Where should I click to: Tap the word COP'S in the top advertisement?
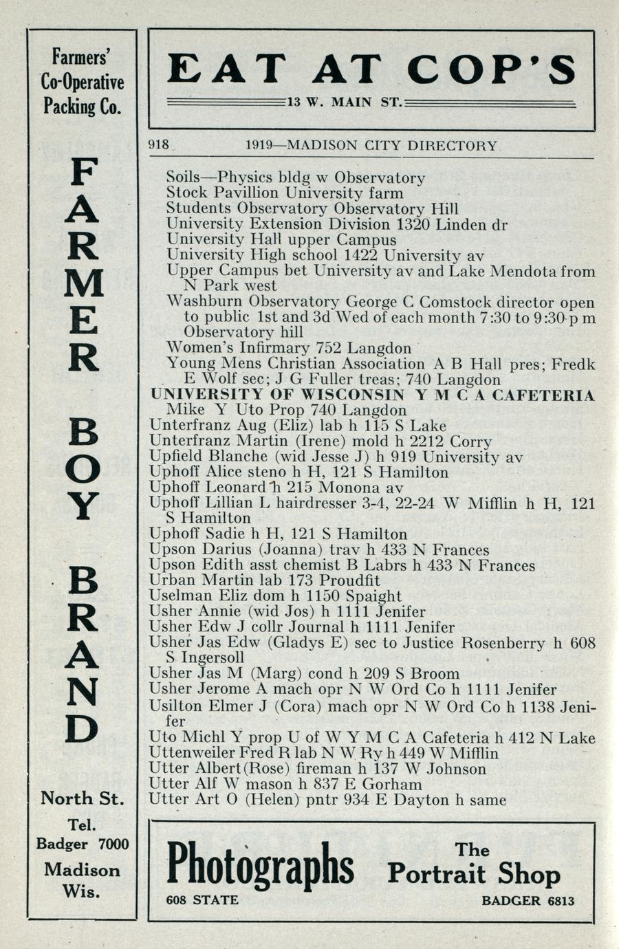pos(491,70)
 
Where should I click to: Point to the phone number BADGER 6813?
pos(528,901)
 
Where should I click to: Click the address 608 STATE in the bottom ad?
pos(202,900)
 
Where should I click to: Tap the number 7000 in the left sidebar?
pos(113,844)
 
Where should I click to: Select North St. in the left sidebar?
pos(83,798)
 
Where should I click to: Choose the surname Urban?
pos(171,580)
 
